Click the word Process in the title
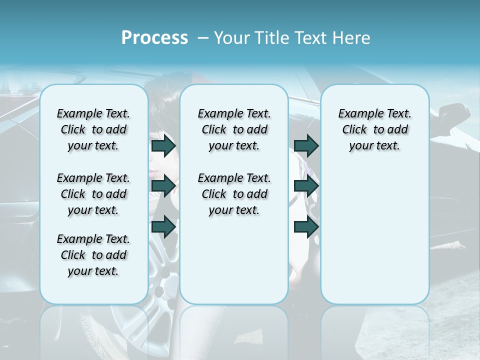tap(154, 37)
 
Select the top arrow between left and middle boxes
tap(163, 145)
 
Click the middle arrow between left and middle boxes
tap(163, 186)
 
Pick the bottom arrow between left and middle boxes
tap(163, 227)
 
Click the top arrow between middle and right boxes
tap(306, 145)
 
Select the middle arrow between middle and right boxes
tap(306, 186)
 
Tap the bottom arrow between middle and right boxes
tap(306, 227)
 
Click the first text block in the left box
tap(93, 129)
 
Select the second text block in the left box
tap(93, 194)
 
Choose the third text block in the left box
tap(93, 255)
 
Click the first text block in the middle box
tap(234, 129)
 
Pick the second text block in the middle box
tap(234, 194)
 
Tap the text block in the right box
tap(374, 129)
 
